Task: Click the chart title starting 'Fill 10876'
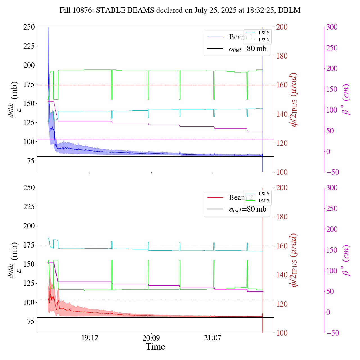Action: (180, 10)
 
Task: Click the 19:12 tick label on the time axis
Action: (90, 338)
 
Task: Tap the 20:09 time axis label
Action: (151, 338)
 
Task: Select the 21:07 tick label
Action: (213, 338)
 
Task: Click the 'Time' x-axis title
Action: (155, 347)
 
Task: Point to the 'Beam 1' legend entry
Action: (240, 37)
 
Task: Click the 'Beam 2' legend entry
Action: (240, 198)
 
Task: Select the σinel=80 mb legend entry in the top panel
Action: (247, 49)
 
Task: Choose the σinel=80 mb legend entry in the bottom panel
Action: (247, 209)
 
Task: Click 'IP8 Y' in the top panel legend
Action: (264, 33)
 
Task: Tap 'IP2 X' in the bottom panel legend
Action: (264, 200)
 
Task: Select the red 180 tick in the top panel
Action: (282, 56)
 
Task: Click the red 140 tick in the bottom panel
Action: (282, 275)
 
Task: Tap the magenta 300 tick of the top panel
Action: (332, 27)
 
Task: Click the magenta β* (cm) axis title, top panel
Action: (346, 99)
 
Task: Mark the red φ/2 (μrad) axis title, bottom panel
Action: (294, 260)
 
